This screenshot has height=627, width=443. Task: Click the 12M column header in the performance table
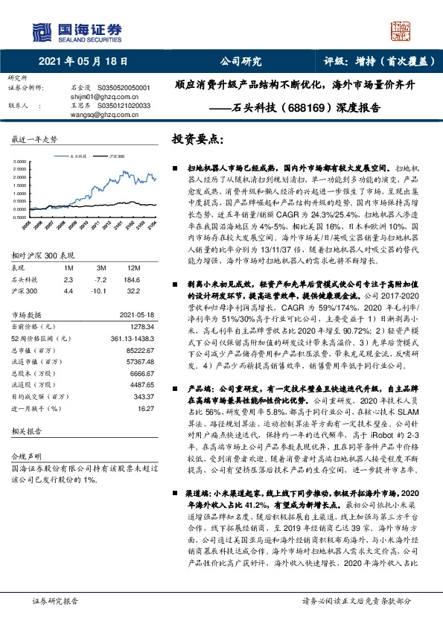click(x=135, y=267)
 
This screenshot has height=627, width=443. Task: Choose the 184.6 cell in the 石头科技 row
click(x=135, y=278)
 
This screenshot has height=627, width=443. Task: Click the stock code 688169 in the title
click(x=326, y=114)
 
